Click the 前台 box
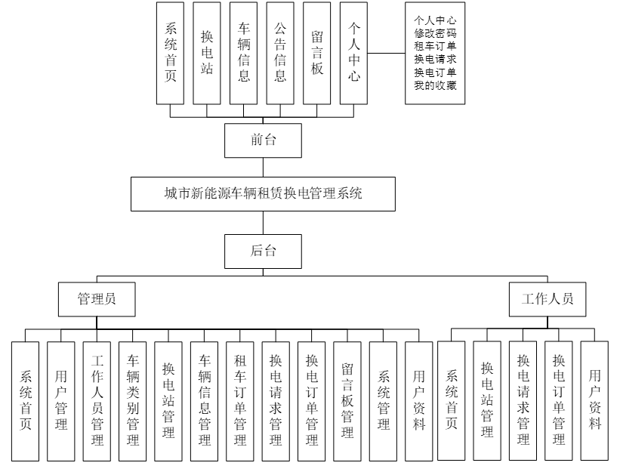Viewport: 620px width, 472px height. pyautogui.click(x=263, y=140)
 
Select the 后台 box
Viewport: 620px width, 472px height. pyautogui.click(x=263, y=251)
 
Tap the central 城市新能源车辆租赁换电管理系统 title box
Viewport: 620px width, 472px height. pyautogui.click(x=263, y=194)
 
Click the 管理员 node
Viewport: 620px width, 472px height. pyautogui.click(x=97, y=298)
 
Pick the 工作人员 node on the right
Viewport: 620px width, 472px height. pyautogui.click(x=547, y=298)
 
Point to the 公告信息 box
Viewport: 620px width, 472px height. pyautogui.click(x=281, y=53)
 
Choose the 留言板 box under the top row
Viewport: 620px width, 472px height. pyautogui.click(x=318, y=53)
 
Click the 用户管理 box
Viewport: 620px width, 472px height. pyautogui.click(x=61, y=400)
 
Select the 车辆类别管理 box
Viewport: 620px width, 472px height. pyautogui.click(x=133, y=400)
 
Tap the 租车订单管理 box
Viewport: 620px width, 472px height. pyautogui.click(x=240, y=400)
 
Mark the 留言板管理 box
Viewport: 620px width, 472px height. pyautogui.click(x=347, y=400)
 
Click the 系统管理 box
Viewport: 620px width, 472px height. pyautogui.click(x=384, y=400)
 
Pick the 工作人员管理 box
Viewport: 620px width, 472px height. pyautogui.click(x=97, y=400)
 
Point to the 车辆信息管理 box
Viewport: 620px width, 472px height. pyautogui.click(x=205, y=400)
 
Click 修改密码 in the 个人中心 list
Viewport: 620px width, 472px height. pyautogui.click(x=435, y=34)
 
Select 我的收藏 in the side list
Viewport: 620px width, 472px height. pyautogui.click(x=435, y=85)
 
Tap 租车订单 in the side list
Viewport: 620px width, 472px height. pyautogui.click(x=435, y=47)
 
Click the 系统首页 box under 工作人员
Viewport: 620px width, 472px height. pyautogui.click(x=452, y=400)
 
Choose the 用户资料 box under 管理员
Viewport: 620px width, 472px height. pyautogui.click(x=419, y=400)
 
